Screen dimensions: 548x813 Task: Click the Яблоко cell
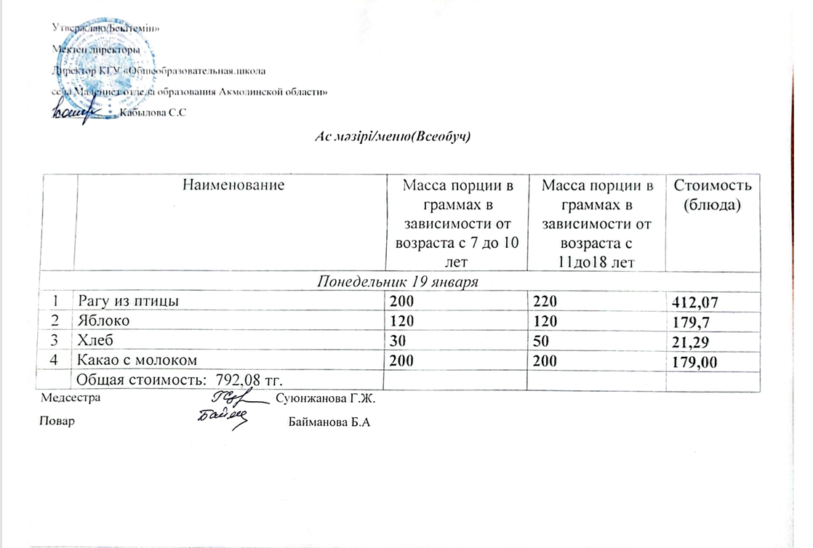tap(102, 321)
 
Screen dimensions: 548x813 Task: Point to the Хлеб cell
tap(95, 339)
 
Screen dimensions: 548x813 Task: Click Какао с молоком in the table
tap(138, 359)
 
